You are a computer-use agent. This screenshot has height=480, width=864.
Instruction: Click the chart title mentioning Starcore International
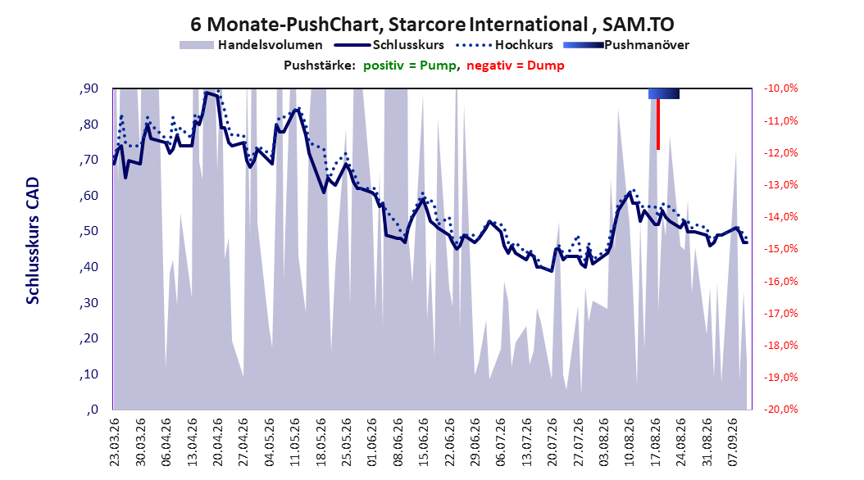click(x=432, y=25)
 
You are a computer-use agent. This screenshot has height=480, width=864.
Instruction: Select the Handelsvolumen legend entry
click(x=252, y=45)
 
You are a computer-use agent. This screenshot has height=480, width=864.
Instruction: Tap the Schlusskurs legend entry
click(x=389, y=45)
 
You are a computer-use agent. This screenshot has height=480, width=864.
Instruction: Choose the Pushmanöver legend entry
click(x=626, y=45)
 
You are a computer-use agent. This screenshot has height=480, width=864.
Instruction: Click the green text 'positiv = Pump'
click(x=410, y=66)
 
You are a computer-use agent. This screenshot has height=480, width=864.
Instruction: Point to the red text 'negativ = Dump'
click(x=516, y=66)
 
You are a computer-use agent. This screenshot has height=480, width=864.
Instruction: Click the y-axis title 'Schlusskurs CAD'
click(x=33, y=241)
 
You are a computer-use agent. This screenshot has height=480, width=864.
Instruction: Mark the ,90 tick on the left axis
click(x=89, y=88)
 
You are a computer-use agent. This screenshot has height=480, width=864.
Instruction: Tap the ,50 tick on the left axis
click(x=89, y=231)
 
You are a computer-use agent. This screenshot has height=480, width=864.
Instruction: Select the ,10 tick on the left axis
click(x=89, y=374)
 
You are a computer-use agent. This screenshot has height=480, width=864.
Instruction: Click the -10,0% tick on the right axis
click(x=780, y=88)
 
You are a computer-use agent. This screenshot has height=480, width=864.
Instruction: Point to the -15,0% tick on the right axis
click(x=780, y=249)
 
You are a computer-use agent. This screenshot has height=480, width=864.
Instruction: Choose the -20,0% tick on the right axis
click(x=780, y=409)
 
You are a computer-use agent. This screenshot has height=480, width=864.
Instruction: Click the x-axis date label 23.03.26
click(x=115, y=442)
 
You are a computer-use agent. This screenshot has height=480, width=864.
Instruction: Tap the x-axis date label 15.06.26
click(x=423, y=442)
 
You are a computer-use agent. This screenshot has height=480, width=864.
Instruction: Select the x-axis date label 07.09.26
click(x=732, y=442)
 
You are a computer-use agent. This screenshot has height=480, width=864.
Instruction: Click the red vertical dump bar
click(x=658, y=124)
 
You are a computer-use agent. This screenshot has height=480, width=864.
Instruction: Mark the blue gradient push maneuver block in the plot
click(x=664, y=93)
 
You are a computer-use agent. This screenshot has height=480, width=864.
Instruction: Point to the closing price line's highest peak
click(x=207, y=93)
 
